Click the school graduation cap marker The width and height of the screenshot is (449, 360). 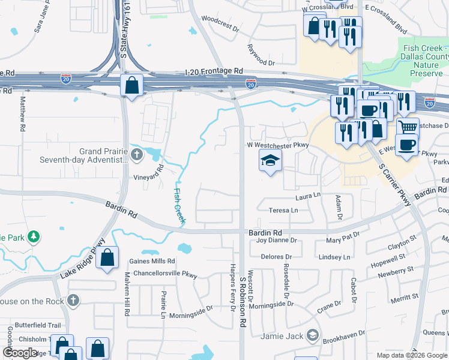(x=270, y=160)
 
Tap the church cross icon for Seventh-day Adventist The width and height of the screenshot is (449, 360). (x=137, y=155)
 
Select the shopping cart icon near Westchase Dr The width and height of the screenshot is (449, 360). (x=408, y=127)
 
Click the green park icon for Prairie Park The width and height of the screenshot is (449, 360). (x=35, y=237)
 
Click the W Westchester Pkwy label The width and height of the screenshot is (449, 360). (x=277, y=145)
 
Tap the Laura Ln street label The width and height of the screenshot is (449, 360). (x=308, y=196)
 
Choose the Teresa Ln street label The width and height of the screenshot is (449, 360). (x=283, y=210)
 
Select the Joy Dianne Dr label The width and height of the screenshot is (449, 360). (x=277, y=240)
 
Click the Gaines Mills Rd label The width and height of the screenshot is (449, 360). (x=152, y=261)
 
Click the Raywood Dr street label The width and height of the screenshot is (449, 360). (x=261, y=54)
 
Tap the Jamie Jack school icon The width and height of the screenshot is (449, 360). (x=312, y=335)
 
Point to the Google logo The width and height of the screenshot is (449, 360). (x=20, y=353)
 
